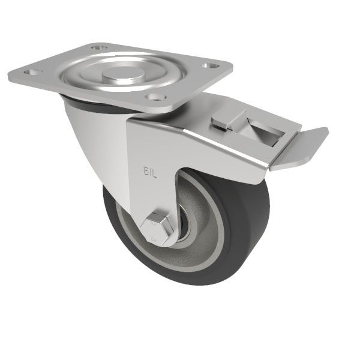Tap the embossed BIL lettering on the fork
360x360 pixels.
click(x=150, y=172)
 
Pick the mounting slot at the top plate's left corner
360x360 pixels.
click(x=29, y=72)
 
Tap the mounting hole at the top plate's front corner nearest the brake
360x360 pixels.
click(x=157, y=97)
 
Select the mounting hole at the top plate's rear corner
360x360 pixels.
click(x=98, y=46)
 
